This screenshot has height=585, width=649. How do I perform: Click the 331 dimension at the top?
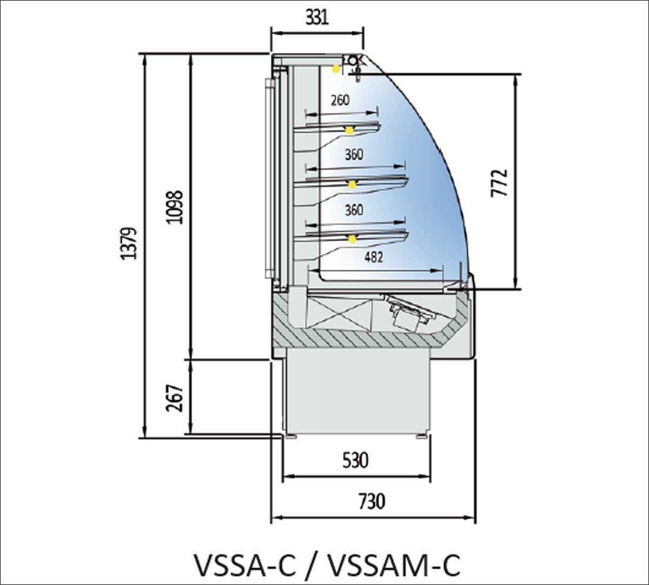pos(317,17)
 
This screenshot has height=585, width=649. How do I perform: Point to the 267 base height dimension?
pos(174,398)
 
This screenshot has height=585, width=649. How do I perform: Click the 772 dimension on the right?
pos(500,183)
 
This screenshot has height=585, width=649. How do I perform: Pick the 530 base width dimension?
pos(355,460)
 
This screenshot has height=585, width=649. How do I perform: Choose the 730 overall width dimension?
pos(372,501)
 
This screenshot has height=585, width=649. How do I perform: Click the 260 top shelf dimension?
pos(340,100)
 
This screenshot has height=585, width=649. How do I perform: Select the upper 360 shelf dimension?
pos(354,154)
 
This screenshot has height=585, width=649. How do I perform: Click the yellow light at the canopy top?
pos(336,68)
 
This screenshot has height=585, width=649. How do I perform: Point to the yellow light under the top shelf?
pos(350,130)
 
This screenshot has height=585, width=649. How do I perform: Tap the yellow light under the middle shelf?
pos(353,185)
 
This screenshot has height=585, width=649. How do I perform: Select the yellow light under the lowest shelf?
pos(353,239)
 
